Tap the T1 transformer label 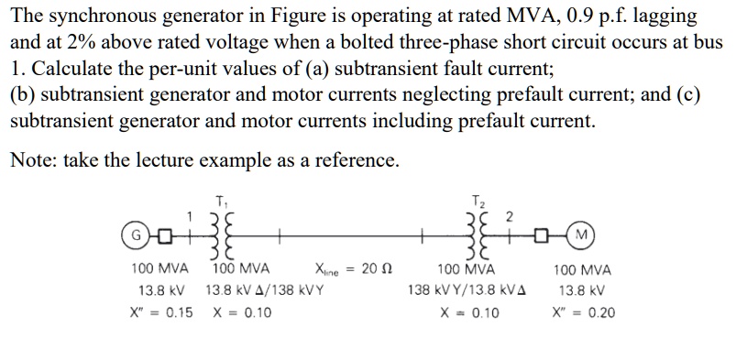coord(220,202)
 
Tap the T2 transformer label coord(475,202)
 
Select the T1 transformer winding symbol coord(220,237)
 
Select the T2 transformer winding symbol coord(475,237)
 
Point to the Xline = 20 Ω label coord(345,270)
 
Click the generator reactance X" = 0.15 coord(160,312)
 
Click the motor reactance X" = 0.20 coord(583,312)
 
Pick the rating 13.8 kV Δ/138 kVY coord(263,291)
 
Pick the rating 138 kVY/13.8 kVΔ coord(467,291)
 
